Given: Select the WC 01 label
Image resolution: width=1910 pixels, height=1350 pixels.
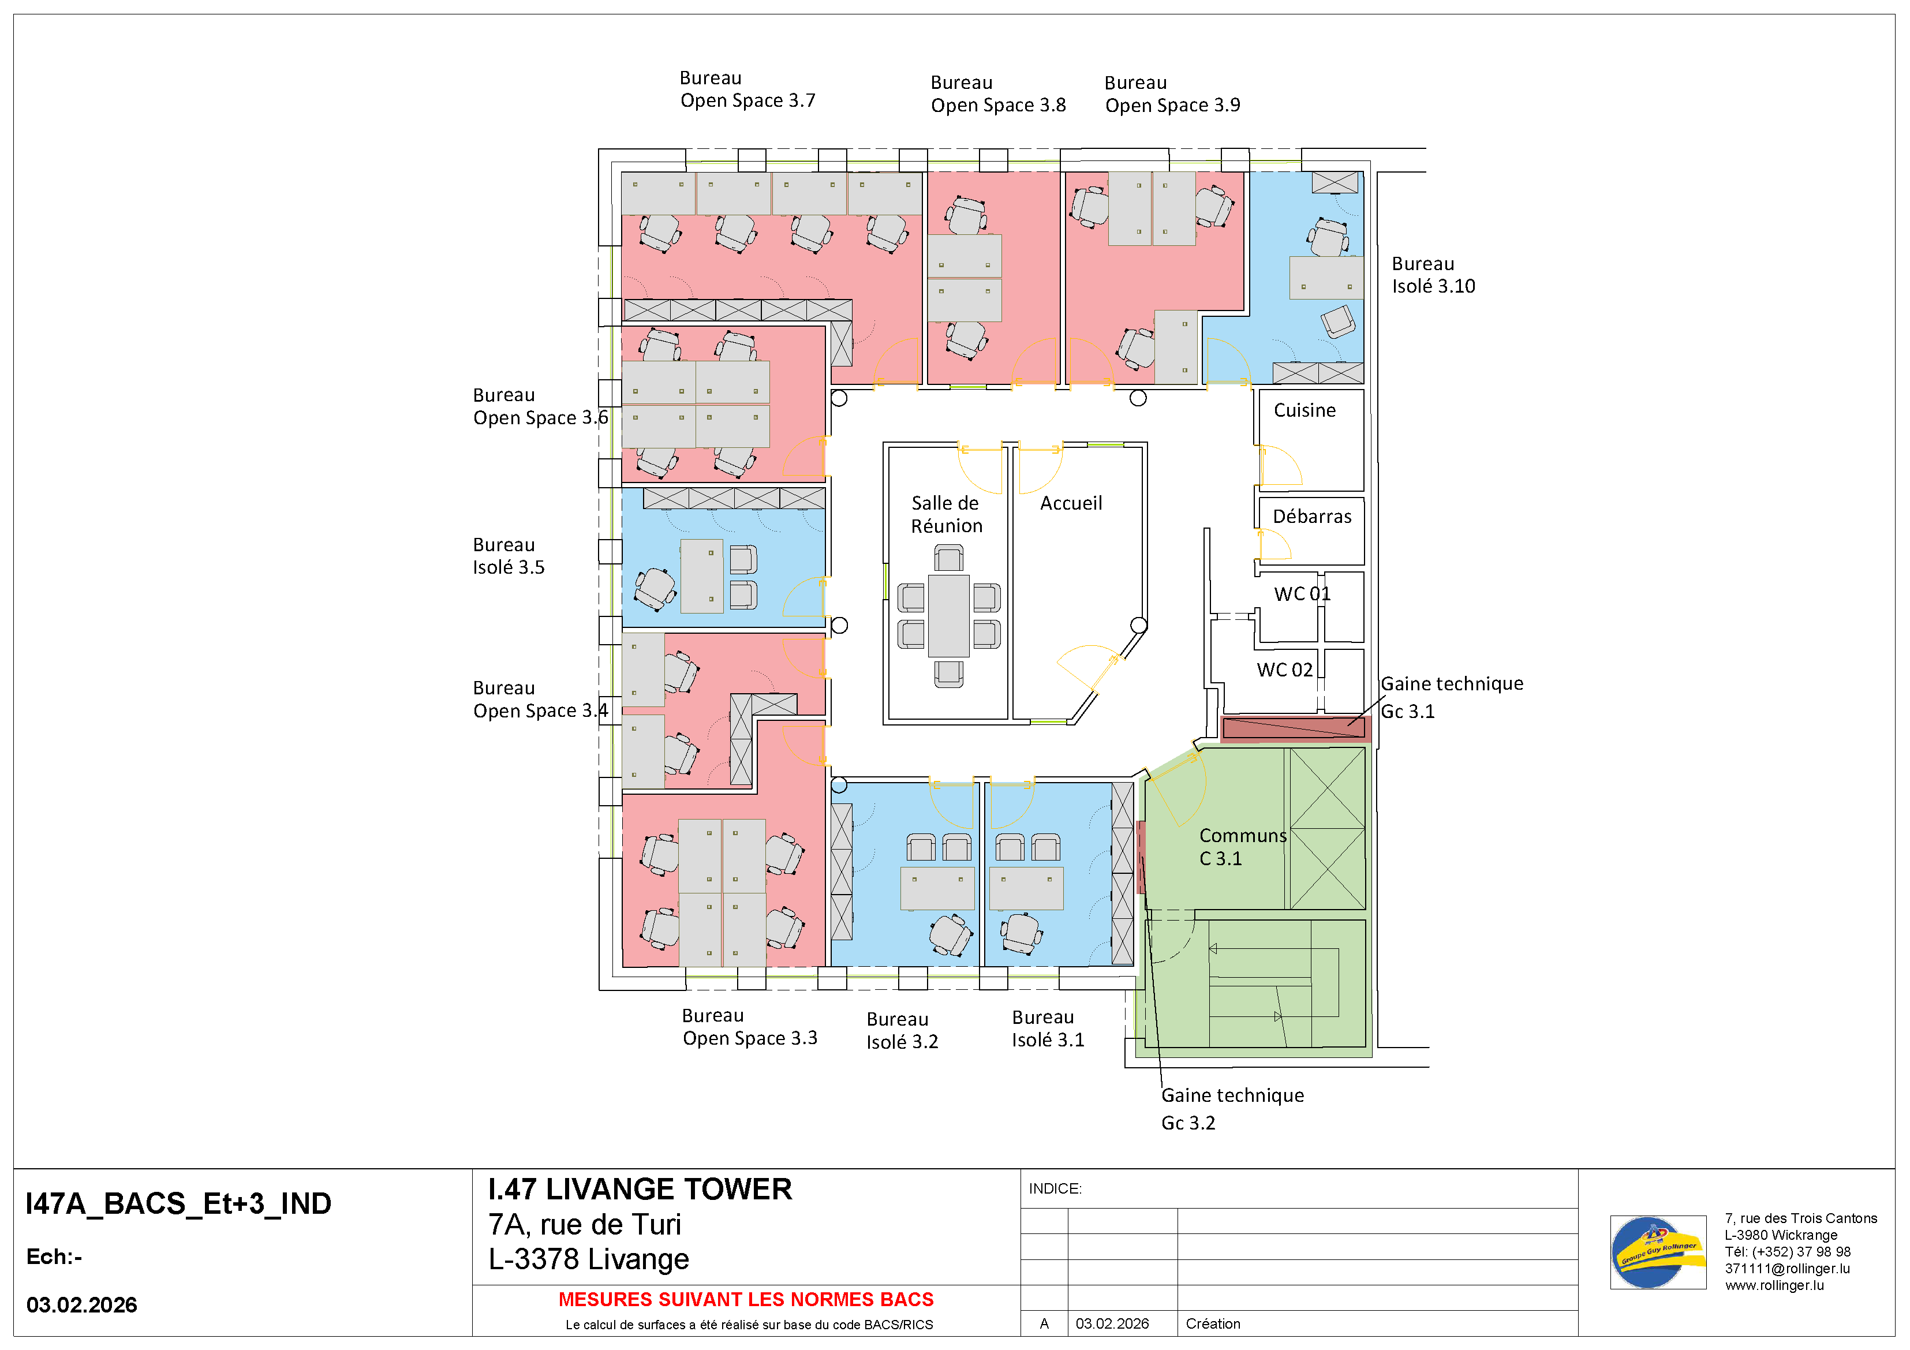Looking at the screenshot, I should pos(1301,594).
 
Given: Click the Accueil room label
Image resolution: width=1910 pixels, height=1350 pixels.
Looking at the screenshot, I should pos(1071,503).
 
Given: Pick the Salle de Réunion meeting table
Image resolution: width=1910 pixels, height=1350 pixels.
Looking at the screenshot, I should pos(948,615).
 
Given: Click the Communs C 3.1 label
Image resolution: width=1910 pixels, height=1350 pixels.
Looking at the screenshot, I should pos(1242,847).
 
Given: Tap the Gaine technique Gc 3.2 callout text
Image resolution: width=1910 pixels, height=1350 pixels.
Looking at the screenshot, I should pos(1231,1109).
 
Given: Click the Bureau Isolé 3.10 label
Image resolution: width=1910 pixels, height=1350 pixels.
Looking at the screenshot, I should pos(1433,275).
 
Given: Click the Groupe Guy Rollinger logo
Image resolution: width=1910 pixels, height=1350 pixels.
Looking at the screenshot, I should pos(1657,1252).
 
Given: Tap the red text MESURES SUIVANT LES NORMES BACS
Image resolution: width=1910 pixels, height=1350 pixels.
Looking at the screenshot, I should pos(745,1299).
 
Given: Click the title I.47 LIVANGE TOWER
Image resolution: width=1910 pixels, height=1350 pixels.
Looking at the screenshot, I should pos(640,1190).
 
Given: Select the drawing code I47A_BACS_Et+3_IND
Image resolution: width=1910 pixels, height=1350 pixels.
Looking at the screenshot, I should pos(179,1203).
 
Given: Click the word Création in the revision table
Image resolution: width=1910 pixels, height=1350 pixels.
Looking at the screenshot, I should pos(1212,1323).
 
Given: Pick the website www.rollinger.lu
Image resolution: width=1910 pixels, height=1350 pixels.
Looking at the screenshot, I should pos(1774,1285).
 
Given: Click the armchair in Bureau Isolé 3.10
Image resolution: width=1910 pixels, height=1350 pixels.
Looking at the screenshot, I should pos(1337,321).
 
